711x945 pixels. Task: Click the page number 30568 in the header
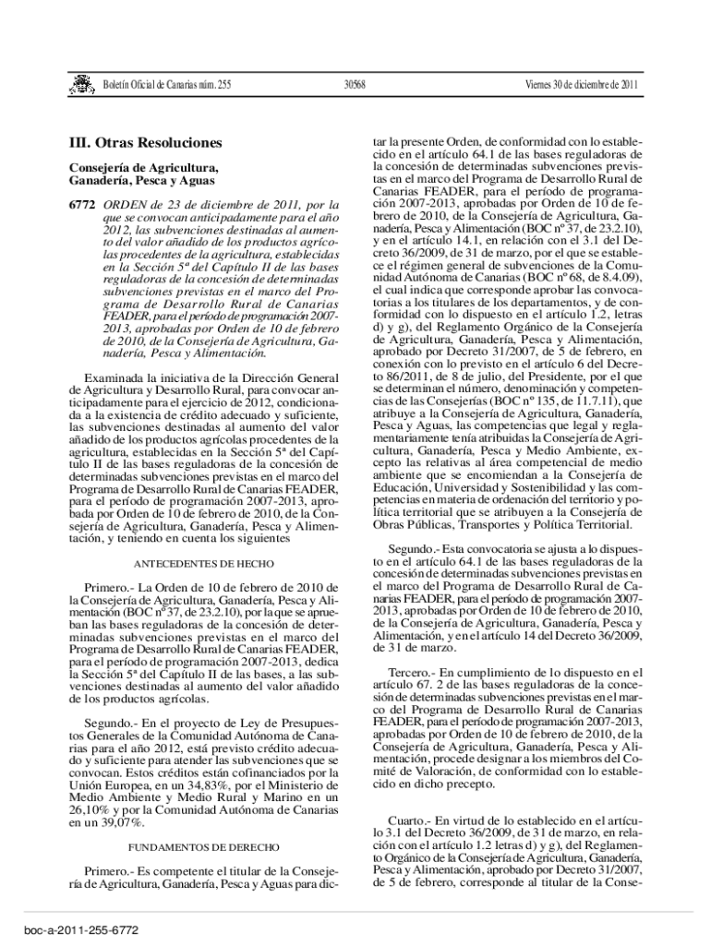pyautogui.click(x=355, y=85)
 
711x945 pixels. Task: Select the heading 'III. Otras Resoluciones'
pyautogui.click(x=146, y=144)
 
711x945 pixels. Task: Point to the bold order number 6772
pyautogui.click(x=84, y=203)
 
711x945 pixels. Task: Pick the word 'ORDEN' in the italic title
pyautogui.click(x=122, y=203)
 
